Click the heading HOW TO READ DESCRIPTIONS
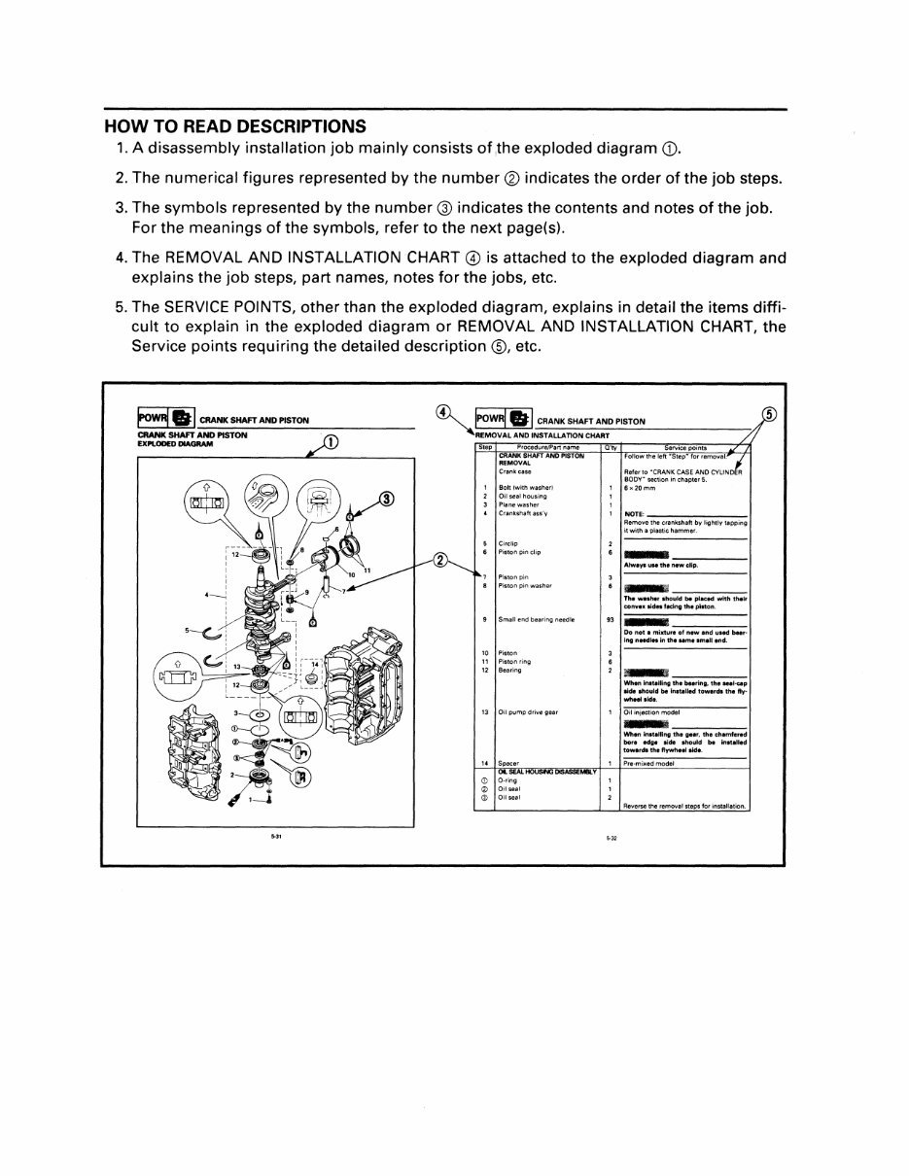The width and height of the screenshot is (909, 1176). pos(235,126)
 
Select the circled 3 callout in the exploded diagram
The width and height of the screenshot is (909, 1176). pos(387,500)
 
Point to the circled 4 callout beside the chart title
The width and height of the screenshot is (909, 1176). pos(442,411)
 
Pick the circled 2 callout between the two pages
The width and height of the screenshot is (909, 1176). pos(439,561)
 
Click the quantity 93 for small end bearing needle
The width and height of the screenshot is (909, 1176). pos(610,619)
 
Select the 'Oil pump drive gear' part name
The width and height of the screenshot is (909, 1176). pos(526,711)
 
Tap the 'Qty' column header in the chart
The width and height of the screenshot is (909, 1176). pos(610,447)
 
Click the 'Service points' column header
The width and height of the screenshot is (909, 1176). pos(684,447)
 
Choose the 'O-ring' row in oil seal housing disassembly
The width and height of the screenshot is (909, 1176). pos(507,779)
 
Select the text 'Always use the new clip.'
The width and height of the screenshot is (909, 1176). pos(661,565)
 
